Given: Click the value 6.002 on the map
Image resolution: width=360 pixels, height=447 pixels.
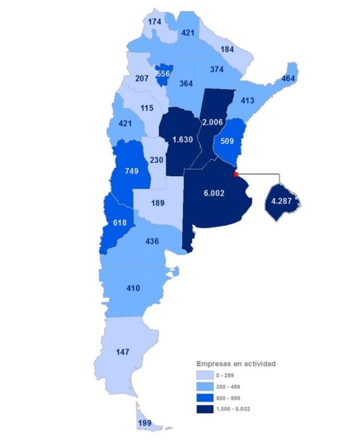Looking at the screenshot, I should (x=214, y=193).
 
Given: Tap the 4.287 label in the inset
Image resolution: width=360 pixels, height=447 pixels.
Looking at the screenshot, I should (x=281, y=201).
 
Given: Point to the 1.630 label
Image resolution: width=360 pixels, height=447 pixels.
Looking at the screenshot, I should (x=182, y=139).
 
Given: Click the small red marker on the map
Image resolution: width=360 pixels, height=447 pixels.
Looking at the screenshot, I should (x=236, y=174).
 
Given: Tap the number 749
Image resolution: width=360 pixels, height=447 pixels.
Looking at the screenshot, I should (x=131, y=171).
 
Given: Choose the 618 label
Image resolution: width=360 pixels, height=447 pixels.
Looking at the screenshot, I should (x=119, y=223).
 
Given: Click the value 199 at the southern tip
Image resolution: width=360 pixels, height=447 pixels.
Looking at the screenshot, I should (x=145, y=423).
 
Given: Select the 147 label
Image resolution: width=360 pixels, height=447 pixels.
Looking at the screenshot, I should (x=123, y=352).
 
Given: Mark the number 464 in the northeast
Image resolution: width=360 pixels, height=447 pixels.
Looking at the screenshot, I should (x=288, y=79).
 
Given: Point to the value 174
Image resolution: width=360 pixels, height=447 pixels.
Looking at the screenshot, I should (x=154, y=22).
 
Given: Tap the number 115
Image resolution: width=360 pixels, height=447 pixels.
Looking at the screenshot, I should (x=147, y=108).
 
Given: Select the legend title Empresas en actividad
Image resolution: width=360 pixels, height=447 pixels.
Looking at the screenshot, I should (x=236, y=364).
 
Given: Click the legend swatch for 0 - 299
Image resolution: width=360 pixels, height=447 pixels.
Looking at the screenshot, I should (x=205, y=375).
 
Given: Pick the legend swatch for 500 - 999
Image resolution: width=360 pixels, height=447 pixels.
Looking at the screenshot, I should (x=205, y=398).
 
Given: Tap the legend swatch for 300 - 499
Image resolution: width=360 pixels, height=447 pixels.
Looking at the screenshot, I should (x=205, y=387).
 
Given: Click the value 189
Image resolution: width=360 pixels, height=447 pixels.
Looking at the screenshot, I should (x=157, y=203).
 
